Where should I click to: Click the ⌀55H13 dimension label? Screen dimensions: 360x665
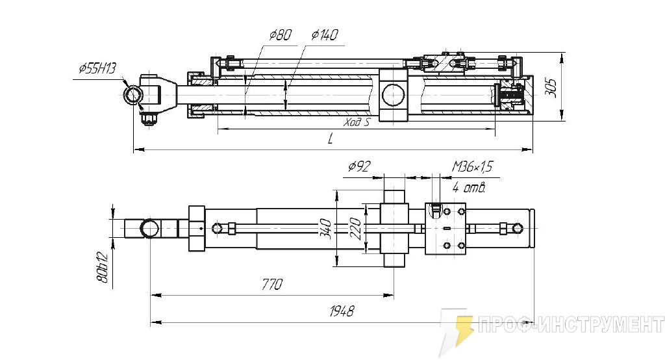point(97,68)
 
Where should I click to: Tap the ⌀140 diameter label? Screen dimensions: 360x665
point(324,35)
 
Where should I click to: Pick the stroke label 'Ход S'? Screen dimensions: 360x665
point(357,122)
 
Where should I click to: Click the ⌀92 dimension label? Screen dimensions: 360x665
point(359,167)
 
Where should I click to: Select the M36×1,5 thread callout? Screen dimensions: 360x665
point(472,167)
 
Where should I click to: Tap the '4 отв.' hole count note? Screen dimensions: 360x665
point(469,188)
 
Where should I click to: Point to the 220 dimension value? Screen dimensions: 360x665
point(355,227)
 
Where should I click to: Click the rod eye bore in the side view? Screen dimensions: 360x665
point(133,95)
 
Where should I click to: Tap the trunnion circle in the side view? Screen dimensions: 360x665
point(392,95)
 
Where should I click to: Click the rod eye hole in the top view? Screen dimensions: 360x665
point(151,228)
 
